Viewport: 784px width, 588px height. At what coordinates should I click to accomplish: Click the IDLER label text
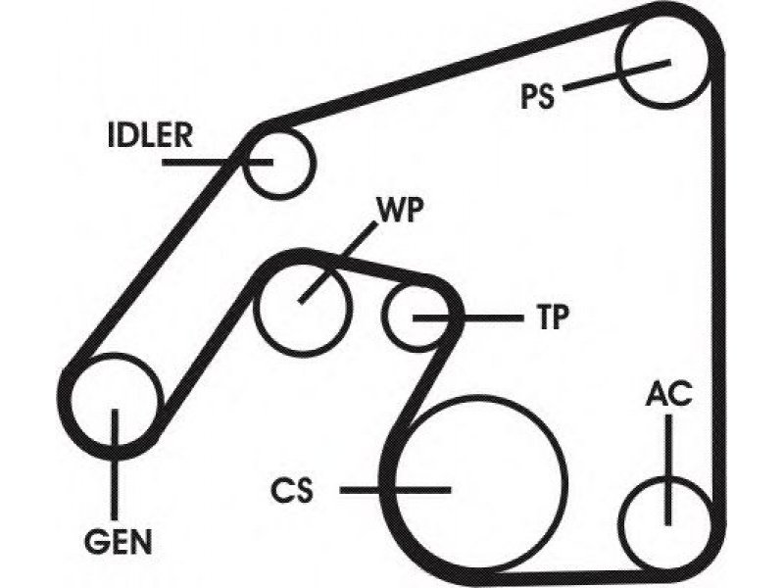pos(150,135)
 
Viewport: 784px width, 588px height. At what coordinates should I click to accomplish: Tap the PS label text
pos(538,96)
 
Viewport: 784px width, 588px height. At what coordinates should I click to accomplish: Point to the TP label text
pos(553,317)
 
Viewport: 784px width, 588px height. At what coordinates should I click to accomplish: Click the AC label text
pos(668,394)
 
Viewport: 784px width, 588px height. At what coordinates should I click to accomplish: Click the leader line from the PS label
pos(616,76)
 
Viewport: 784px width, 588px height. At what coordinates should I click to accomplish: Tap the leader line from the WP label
pos(336,263)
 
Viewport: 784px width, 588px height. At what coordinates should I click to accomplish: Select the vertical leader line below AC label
pos(668,470)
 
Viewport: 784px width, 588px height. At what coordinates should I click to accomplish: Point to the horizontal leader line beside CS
pos(396,490)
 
